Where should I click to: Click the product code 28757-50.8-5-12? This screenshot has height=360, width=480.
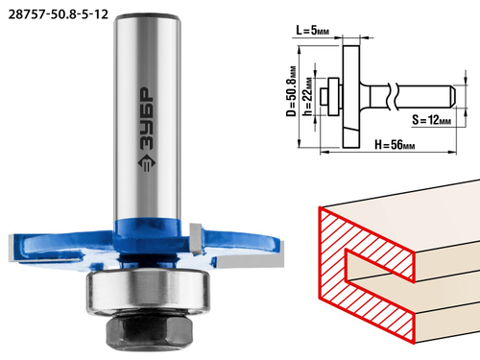(x=58, y=14)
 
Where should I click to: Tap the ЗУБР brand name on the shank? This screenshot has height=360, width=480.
(x=147, y=119)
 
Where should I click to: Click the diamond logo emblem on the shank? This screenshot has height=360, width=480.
(x=147, y=163)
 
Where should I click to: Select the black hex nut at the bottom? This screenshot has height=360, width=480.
(x=148, y=332)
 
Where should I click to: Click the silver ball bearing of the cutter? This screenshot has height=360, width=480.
(x=148, y=292)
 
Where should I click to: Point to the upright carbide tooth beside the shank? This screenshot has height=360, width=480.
(x=196, y=239)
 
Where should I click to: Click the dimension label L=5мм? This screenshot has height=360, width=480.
(x=312, y=31)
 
